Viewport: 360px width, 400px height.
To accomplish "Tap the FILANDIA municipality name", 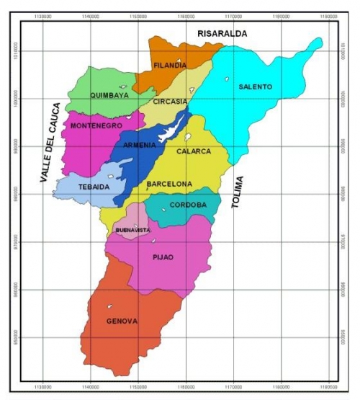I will pyautogui.click(x=170, y=66).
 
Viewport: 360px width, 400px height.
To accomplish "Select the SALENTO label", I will pyautogui.click(x=256, y=87).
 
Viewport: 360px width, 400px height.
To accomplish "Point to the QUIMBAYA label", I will pyautogui.click(x=109, y=95).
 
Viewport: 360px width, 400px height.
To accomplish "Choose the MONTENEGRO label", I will pyautogui.click(x=96, y=126).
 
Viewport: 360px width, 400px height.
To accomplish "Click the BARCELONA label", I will pyautogui.click(x=170, y=185).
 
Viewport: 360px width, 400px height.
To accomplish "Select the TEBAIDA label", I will pyautogui.click(x=93, y=187).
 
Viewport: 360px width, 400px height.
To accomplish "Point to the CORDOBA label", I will pyautogui.click(x=189, y=205).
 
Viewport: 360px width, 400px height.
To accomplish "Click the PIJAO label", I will pyautogui.click(x=163, y=256).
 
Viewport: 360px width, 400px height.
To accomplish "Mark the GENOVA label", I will pyautogui.click(x=122, y=321).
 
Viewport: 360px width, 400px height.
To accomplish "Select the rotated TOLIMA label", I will pyautogui.click(x=238, y=192).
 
